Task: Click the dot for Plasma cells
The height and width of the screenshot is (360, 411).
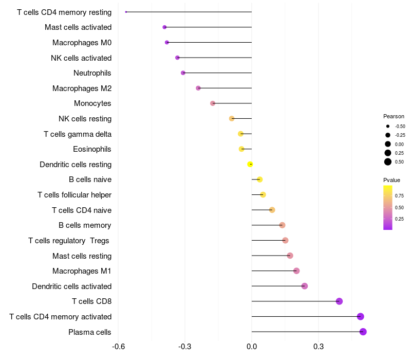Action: pyautogui.click(x=363, y=332)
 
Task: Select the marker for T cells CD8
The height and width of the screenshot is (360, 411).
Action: pyautogui.click(x=339, y=301)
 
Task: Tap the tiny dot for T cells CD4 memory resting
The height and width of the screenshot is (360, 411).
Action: pyautogui.click(x=126, y=12)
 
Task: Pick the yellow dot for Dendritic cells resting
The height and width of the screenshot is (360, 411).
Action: pyautogui.click(x=250, y=164)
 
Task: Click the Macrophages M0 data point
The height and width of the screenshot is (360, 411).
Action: pyautogui.click(x=166, y=42)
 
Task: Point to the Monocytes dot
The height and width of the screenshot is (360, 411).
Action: pyautogui.click(x=213, y=103)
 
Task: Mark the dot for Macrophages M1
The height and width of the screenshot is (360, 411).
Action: pyautogui.click(x=296, y=271)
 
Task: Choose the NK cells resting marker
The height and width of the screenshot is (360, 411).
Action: pyautogui.click(x=232, y=119)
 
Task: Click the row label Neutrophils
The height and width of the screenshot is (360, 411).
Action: pyautogui.click(x=92, y=73)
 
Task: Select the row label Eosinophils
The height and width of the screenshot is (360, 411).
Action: pyautogui.click(x=92, y=149)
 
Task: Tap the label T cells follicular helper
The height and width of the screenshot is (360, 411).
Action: pyautogui.click(x=74, y=195)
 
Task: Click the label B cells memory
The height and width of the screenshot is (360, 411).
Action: pyautogui.click(x=85, y=225)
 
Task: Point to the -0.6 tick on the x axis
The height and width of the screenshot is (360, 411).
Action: pyautogui.click(x=118, y=347)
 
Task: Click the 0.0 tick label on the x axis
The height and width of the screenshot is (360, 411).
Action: pyautogui.click(x=252, y=347)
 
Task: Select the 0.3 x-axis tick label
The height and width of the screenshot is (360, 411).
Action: pyautogui.click(x=319, y=347)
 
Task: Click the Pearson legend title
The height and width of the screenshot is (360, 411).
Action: pyautogui.click(x=394, y=116)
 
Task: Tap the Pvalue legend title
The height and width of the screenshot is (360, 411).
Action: pyautogui.click(x=391, y=180)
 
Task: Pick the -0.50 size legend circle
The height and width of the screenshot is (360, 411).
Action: pyautogui.click(x=388, y=126)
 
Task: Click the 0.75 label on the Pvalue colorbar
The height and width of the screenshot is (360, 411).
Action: pyautogui.click(x=399, y=196)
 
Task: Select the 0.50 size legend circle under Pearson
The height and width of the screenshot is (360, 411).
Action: pyautogui.click(x=388, y=162)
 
